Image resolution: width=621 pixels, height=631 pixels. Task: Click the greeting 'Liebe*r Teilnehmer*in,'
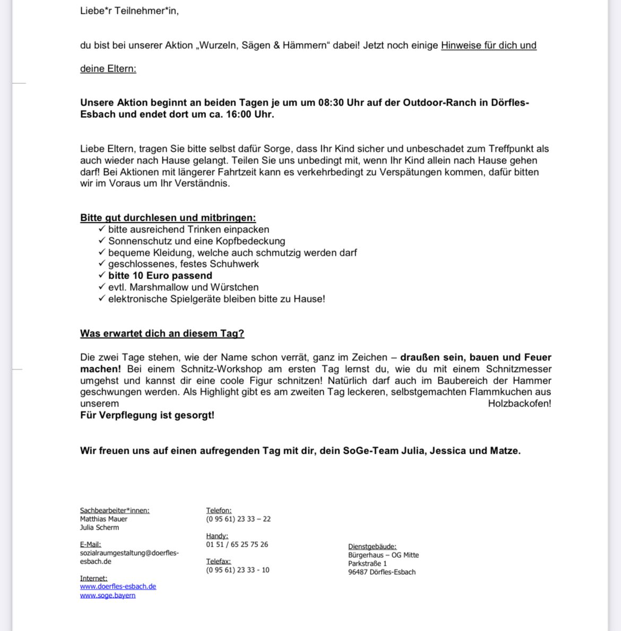click(x=129, y=11)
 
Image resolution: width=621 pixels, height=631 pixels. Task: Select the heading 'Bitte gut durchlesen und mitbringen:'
click(x=168, y=218)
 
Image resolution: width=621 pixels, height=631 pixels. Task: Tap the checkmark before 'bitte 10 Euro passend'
click(x=102, y=275)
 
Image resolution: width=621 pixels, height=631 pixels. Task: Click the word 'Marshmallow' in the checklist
click(x=161, y=287)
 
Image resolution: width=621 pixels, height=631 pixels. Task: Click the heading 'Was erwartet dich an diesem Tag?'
click(x=162, y=333)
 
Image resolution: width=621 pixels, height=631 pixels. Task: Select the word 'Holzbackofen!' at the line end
click(x=519, y=403)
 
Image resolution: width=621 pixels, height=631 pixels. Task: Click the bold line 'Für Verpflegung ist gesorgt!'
click(x=147, y=415)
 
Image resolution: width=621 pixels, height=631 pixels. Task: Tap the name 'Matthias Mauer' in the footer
click(x=103, y=519)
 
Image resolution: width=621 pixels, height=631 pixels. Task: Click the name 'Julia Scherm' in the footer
click(x=99, y=528)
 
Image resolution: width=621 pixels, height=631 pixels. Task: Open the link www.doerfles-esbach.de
click(x=118, y=586)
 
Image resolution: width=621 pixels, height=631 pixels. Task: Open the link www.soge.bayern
click(x=108, y=595)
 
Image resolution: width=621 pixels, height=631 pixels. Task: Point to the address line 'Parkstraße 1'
click(x=367, y=564)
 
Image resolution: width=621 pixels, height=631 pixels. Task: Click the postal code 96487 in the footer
click(x=358, y=572)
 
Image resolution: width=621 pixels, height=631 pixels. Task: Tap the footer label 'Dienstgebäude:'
click(x=372, y=547)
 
